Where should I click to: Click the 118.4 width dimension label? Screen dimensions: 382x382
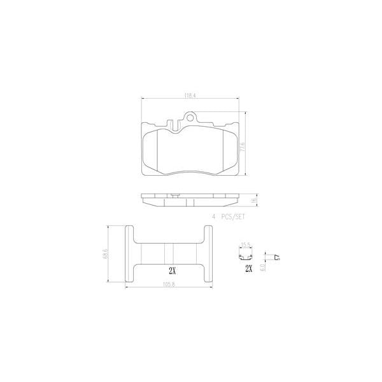click(190, 96)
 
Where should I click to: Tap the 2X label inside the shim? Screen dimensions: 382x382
click(170, 269)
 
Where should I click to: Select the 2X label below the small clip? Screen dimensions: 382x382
click(249, 269)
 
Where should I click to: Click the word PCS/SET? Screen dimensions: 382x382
click(234, 216)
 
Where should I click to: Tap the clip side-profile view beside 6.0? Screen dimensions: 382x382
click(276, 256)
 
